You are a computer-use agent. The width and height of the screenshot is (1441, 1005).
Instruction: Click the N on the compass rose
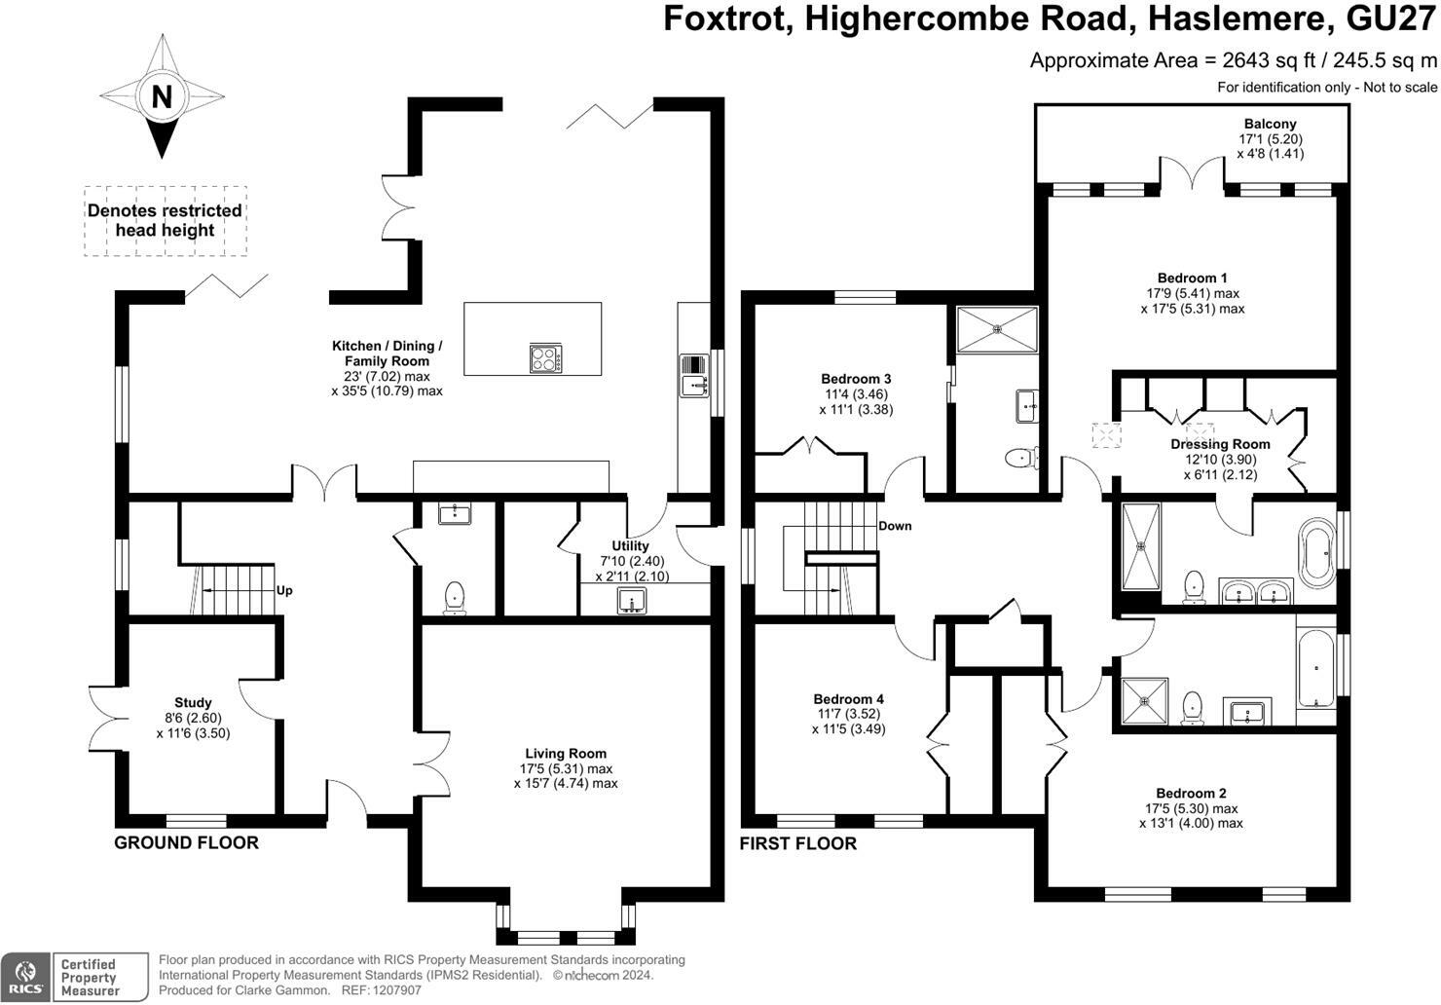pos(162,97)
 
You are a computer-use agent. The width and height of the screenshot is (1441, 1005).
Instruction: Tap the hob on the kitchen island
pos(546,358)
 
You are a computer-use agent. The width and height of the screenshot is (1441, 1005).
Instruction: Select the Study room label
pos(193,702)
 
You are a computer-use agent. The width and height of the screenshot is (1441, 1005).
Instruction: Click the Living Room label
pos(566,754)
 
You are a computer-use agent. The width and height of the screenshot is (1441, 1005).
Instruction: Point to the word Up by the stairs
pos(284,591)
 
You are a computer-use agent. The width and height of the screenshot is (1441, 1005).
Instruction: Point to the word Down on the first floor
pos(895,526)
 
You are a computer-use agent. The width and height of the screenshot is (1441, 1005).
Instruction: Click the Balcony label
pos(1270,124)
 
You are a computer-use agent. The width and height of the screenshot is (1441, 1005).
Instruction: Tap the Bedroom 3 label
pos(856,379)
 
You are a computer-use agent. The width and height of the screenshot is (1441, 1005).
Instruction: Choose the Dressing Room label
pos(1220,444)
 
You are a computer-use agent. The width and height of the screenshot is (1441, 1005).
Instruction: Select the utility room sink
pos(632,601)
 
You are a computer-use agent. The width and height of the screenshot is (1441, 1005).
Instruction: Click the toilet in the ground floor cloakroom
pos(455,598)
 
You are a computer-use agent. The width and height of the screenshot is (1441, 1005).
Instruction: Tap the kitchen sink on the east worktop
pos(693,375)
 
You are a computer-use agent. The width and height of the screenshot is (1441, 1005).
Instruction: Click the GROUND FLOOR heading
pos(186,843)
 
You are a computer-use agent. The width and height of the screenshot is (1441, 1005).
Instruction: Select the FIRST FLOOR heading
pos(797,843)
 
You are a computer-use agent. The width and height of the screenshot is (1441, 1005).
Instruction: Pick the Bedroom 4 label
pos(848,699)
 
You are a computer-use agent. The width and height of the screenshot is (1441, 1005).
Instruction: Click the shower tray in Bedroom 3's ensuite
pos(997,329)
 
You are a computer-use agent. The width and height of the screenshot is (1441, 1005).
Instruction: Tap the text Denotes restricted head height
pos(165,220)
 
